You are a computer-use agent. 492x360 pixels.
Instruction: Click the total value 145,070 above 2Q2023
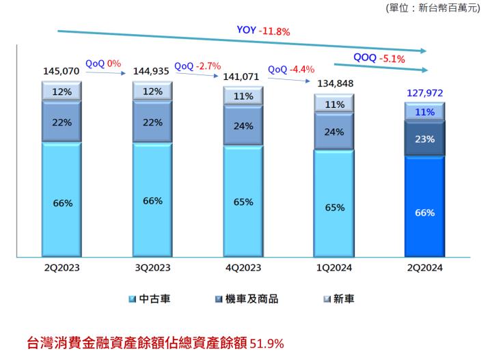[60, 71]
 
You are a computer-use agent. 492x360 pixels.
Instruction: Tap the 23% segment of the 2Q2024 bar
[424, 139]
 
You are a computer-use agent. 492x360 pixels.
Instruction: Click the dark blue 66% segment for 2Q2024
[424, 212]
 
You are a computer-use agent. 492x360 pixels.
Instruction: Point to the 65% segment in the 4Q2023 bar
[243, 202]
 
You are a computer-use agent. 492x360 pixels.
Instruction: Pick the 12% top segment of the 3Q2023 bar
[152, 92]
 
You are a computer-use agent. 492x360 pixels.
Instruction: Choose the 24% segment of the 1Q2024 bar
[333, 132]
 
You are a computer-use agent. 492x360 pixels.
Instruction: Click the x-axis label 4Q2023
[243, 268]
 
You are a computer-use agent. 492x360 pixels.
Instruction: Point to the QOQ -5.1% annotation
[379, 59]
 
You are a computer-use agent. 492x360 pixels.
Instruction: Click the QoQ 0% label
[103, 64]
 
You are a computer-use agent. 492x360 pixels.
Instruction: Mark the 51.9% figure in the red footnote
[268, 342]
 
